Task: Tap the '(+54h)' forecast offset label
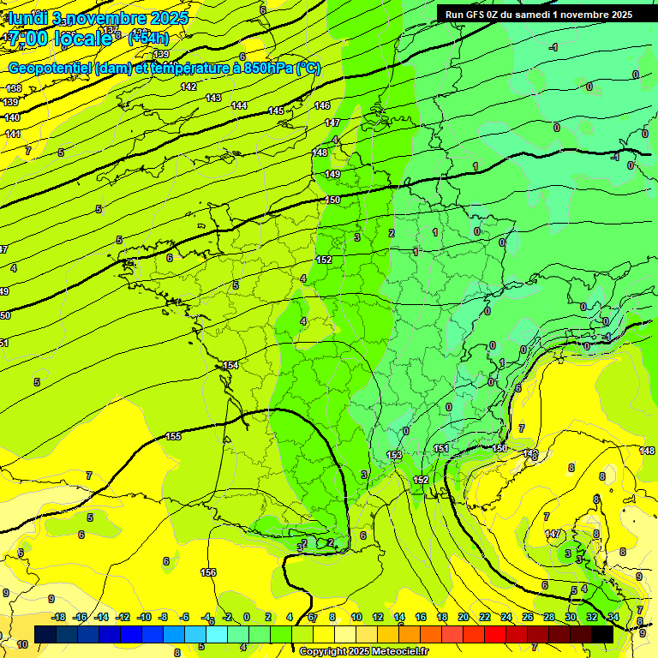coord(148,38)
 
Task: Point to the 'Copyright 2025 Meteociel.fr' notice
coord(363,651)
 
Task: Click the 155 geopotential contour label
coord(174,436)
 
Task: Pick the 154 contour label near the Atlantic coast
coord(230,366)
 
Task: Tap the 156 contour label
coord(208,572)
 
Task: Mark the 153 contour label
coord(394,455)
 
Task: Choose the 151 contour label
coord(441,448)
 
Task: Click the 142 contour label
coord(188,87)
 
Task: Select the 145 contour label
coord(276,111)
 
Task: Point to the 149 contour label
coord(333,174)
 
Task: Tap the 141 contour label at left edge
coord(13,134)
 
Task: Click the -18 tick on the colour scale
coord(59,617)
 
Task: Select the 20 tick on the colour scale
coord(464,617)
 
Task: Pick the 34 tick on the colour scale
coord(613,617)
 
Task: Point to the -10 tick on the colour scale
coord(144,617)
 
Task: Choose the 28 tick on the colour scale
coord(549,617)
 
